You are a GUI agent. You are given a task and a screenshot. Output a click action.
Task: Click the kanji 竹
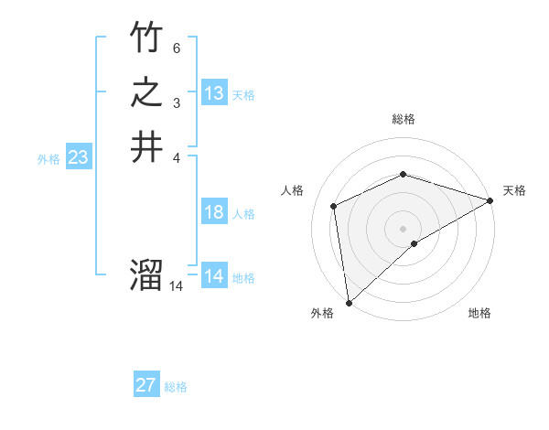(x=146, y=38)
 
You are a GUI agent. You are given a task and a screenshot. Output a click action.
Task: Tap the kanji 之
(x=146, y=93)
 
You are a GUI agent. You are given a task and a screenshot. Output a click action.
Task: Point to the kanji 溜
(x=146, y=275)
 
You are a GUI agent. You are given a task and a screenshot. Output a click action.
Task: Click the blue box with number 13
(x=214, y=93)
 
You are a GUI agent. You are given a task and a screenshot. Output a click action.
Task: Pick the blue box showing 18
(x=214, y=212)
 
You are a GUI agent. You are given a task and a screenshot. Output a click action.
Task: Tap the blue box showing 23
(x=79, y=157)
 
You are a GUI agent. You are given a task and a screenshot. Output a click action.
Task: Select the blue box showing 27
(x=146, y=385)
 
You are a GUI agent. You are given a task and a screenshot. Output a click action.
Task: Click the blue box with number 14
(x=214, y=276)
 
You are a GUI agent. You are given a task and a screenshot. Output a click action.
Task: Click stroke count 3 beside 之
(x=176, y=102)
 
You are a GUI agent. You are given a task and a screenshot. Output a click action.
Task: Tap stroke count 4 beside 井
(x=176, y=156)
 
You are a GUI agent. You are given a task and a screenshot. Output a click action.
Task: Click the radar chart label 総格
(x=404, y=119)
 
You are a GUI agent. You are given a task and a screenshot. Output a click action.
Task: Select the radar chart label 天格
(x=514, y=190)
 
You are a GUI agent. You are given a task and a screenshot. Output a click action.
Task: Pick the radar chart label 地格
(x=479, y=313)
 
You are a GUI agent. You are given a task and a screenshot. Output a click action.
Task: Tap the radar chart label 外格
(x=322, y=313)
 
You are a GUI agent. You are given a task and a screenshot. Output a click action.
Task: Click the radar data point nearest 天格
(x=490, y=200)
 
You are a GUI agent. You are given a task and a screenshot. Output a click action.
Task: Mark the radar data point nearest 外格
(x=349, y=303)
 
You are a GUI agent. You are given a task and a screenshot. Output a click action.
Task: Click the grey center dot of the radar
(x=403, y=228)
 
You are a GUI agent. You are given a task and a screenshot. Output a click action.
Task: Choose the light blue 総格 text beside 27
(x=176, y=387)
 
